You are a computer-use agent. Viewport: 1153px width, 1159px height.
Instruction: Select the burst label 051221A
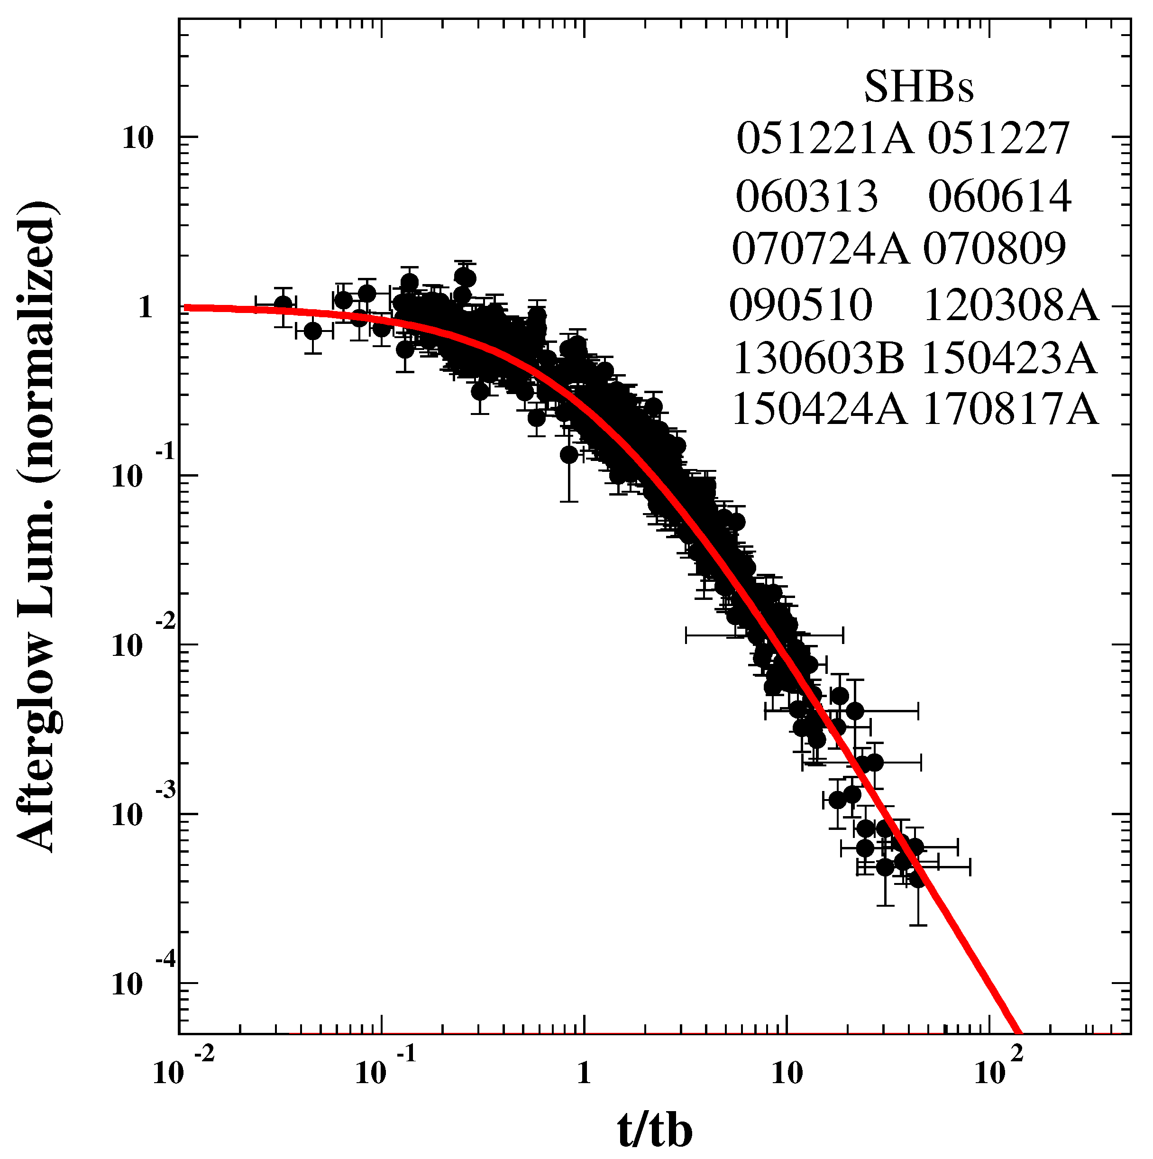(x=825, y=138)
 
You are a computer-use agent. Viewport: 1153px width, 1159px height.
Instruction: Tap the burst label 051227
(x=999, y=138)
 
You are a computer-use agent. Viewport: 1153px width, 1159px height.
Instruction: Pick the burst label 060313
(x=806, y=197)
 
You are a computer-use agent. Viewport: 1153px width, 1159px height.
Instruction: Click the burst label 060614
(x=999, y=197)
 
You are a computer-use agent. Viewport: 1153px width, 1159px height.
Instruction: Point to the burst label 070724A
(x=821, y=249)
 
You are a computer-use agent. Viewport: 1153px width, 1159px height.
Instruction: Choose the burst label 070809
(x=995, y=249)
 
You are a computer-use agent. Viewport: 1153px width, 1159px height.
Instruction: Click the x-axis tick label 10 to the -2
(x=183, y=1069)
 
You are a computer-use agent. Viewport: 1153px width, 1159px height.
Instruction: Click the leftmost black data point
(x=283, y=305)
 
